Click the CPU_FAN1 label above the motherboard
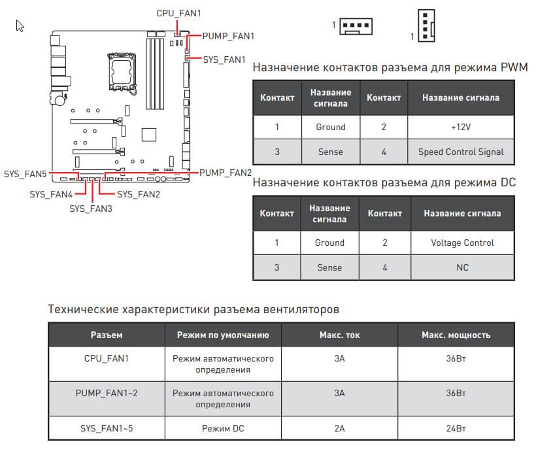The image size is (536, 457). click(178, 13)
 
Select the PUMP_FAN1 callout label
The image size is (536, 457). click(228, 36)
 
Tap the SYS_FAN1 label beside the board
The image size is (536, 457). click(224, 59)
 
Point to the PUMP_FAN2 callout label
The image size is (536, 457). click(226, 173)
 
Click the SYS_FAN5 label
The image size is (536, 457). click(25, 175)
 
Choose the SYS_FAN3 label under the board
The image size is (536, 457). click(91, 209)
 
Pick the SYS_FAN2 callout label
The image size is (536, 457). click(139, 194)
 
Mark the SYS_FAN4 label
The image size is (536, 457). click(50, 194)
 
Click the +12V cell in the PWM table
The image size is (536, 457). click(461, 127)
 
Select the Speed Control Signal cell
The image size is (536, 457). click(461, 152)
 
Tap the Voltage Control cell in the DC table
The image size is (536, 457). click(462, 243)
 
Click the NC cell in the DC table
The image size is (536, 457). click(462, 267)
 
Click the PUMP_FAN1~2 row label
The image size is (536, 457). click(107, 393)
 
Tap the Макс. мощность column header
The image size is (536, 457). click(456, 335)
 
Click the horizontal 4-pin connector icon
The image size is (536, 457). click(356, 25)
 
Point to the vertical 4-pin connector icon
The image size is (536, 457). click(426, 26)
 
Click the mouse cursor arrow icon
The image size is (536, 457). click(20, 25)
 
